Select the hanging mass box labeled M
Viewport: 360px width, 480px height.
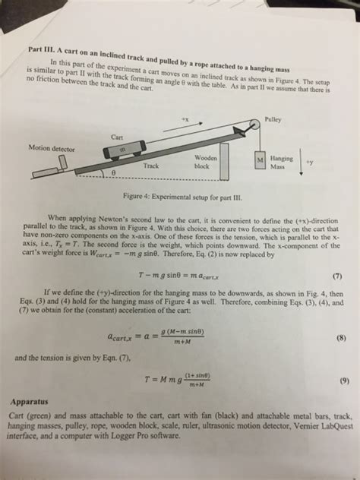point(260,162)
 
